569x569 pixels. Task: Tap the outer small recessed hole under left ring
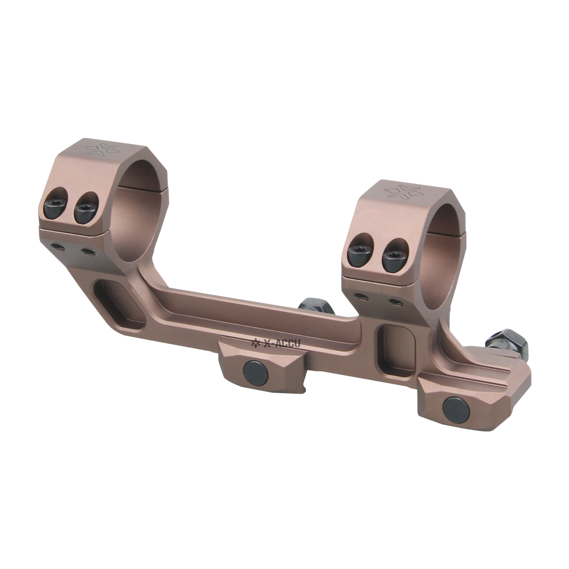coord(55,245)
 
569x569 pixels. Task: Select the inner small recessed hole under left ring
coord(86,250)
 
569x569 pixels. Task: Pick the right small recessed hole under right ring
coord(393,301)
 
